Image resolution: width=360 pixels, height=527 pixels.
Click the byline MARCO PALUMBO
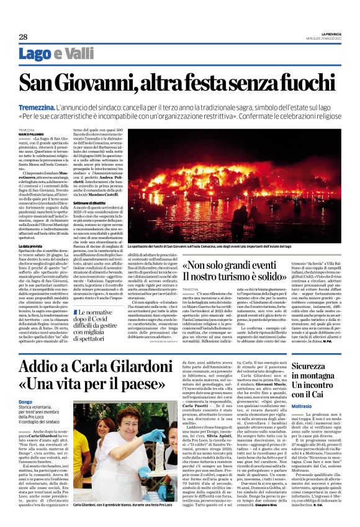coord(31,133)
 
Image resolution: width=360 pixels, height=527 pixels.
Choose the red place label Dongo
coord(25,401)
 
